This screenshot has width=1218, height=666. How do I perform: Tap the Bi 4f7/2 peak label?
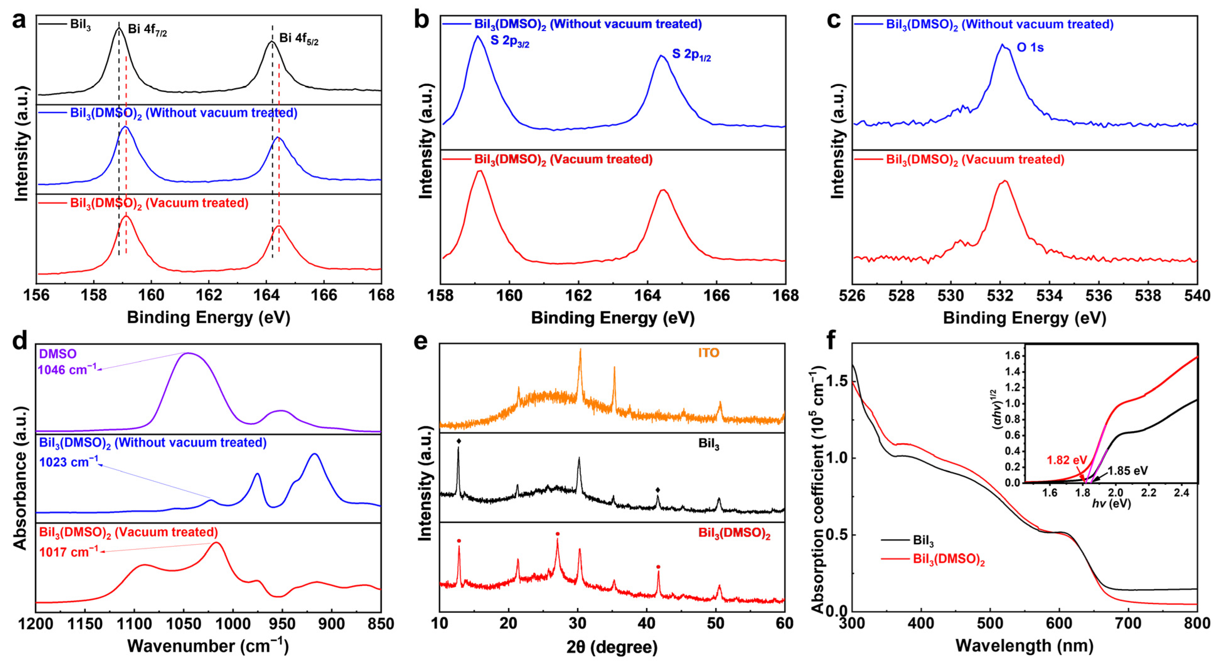click(147, 30)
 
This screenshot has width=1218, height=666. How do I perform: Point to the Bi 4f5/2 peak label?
click(299, 39)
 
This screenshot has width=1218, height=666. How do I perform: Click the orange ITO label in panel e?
click(708, 353)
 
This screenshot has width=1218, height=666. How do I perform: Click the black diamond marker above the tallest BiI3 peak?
click(458, 441)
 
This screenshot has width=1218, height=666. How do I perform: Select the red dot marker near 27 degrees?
click(557, 534)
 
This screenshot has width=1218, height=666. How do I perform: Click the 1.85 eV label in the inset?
click(1128, 471)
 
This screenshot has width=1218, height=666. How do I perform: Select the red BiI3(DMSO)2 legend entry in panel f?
click(948, 560)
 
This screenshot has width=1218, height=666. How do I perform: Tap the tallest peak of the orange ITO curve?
click(580, 350)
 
